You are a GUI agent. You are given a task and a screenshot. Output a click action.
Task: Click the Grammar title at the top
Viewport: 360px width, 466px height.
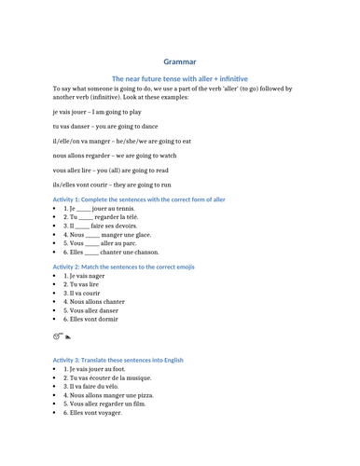[x=180, y=62]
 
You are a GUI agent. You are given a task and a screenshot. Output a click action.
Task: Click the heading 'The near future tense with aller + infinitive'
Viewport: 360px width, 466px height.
[x=180, y=79]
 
